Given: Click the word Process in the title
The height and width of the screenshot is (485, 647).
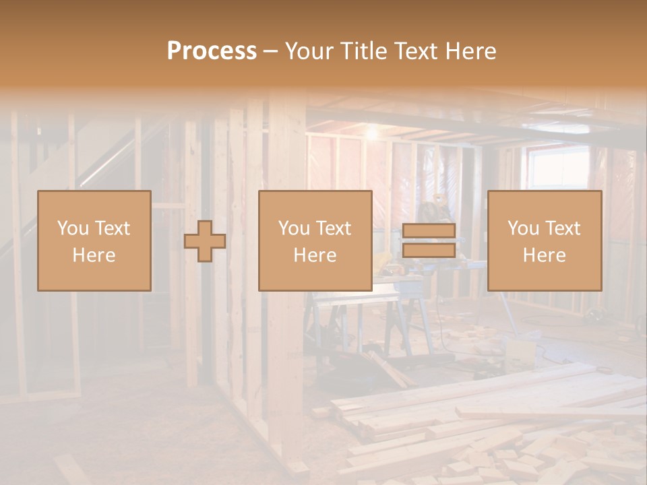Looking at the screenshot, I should (212, 51).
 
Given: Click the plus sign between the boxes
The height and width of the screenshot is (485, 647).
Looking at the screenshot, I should (205, 241).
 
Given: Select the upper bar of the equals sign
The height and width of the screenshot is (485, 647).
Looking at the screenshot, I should (429, 231).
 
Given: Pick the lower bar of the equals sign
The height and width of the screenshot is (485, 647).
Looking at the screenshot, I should (429, 251).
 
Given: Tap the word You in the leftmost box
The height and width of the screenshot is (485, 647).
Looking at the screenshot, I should (73, 228).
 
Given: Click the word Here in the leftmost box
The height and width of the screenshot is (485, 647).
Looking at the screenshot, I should (94, 255).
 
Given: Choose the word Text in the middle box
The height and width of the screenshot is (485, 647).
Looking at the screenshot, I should (334, 228).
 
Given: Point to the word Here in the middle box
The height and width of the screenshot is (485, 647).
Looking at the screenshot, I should (315, 255).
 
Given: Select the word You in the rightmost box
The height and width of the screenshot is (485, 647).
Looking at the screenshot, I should (523, 228).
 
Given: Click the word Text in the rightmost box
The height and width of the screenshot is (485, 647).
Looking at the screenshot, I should (563, 228).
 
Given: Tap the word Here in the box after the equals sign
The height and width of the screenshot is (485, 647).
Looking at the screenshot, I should (545, 255).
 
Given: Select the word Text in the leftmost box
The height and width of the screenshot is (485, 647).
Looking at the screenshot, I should (113, 228).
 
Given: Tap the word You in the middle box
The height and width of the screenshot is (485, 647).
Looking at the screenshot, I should (294, 228).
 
